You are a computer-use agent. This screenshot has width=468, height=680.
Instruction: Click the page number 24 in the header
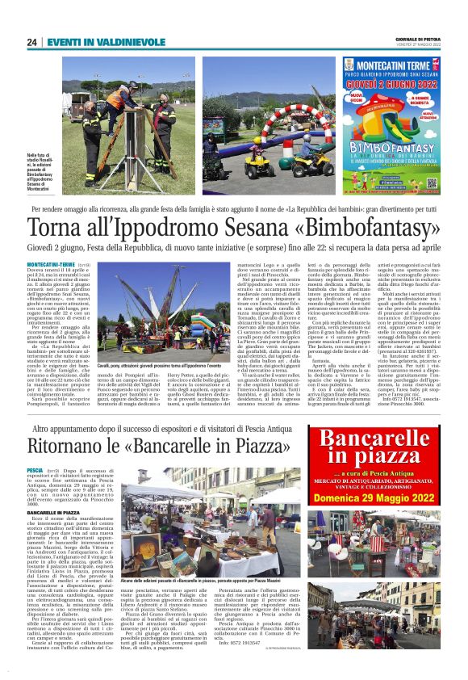32,42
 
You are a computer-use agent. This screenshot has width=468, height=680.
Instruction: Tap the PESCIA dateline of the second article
36,469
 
